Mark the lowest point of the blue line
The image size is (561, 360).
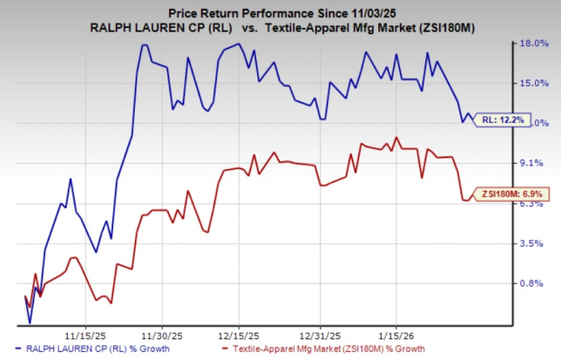30,322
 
